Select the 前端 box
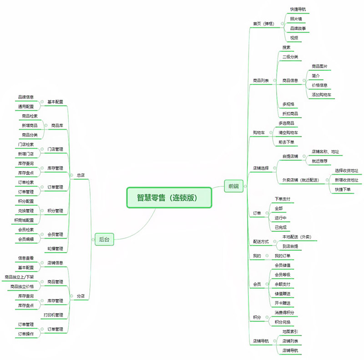(x=234, y=185)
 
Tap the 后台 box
(x=104, y=240)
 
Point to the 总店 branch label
(x=81, y=175)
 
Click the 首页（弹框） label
(x=263, y=24)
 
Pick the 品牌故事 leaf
(x=298, y=28)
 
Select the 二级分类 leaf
(x=290, y=57)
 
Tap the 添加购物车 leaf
(x=321, y=95)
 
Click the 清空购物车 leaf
(x=288, y=133)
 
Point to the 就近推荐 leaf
(x=319, y=161)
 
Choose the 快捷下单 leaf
(x=343, y=190)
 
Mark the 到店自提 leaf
(x=290, y=246)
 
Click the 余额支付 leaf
(x=283, y=284)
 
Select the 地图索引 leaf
(x=290, y=331)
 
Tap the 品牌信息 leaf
(x=26, y=97)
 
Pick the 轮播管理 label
(x=55, y=249)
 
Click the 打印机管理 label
(x=53, y=315)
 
